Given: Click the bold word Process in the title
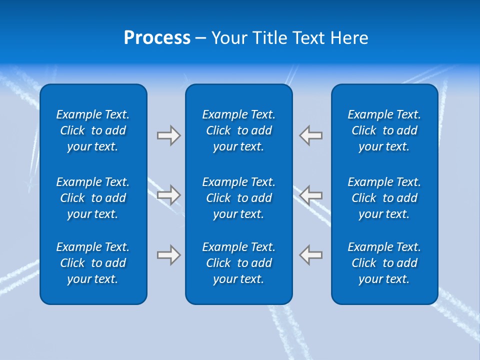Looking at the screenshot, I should pos(157,38).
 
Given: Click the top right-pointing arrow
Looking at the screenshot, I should pos(168,135).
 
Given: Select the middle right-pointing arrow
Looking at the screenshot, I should pos(168,195).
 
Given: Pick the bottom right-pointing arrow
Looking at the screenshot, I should pos(168,255).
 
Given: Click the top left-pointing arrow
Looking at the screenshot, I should pos(311,135).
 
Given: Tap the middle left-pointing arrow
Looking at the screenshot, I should pos(311,195).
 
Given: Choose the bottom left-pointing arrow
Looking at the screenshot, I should pos(311,255).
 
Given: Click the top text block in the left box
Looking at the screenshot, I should pos(93,130).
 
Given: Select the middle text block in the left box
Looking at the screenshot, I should pos(93,198).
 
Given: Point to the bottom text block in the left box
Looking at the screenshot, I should pos(93,263).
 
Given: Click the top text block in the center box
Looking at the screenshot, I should pos(239,130).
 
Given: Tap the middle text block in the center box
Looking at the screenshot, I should pos(239,198).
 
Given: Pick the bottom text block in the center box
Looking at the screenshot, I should pos(239,263).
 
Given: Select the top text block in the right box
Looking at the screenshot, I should pos(384,130).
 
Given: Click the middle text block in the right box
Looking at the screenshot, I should pos(384,198).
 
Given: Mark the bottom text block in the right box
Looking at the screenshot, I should pos(384,263).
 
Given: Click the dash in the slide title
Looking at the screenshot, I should pos(200,38).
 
